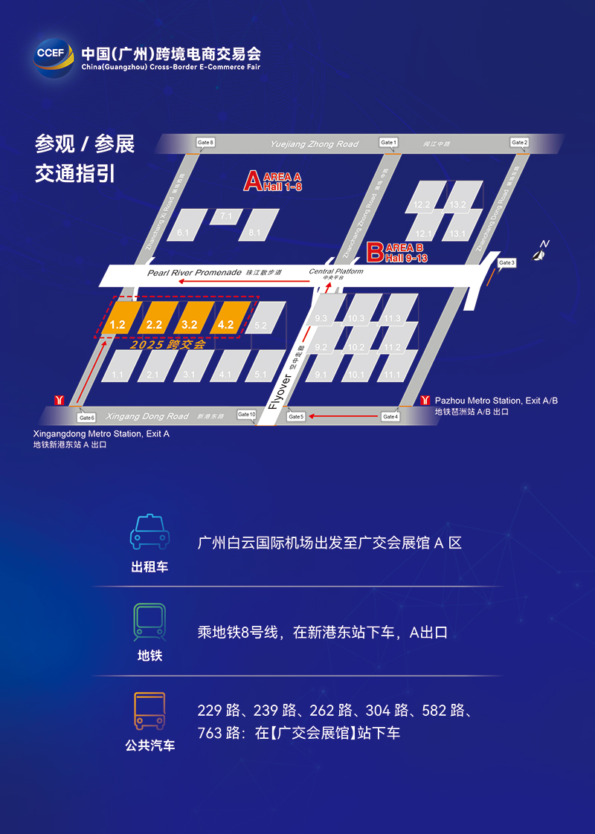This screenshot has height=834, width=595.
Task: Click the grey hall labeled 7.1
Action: (226, 216)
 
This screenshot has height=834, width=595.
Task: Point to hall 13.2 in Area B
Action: (458, 204)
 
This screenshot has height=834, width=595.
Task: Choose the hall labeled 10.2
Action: (357, 346)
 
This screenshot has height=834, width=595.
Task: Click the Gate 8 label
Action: (205, 142)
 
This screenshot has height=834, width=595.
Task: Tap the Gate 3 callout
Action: (506, 263)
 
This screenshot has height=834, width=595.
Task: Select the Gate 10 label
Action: (247, 414)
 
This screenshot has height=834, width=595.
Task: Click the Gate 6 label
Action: (87, 418)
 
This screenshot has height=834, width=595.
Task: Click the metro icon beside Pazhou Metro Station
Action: (425, 400)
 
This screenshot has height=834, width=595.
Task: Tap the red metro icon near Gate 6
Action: (59, 400)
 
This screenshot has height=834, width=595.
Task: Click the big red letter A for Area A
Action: (253, 181)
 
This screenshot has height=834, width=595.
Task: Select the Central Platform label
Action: (336, 272)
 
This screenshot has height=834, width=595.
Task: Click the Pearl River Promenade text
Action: (194, 273)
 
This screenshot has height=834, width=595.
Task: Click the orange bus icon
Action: (149, 711)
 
